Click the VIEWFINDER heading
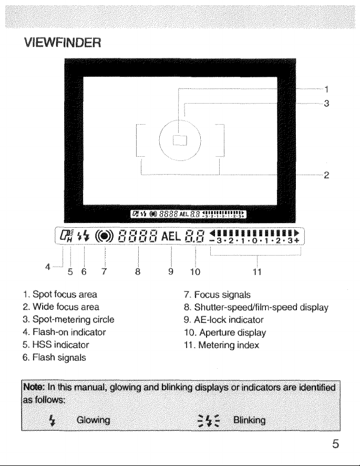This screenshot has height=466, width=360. pos(63,43)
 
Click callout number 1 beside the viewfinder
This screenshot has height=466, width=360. pos(326,89)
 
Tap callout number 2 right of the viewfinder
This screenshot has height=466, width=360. pos(326,175)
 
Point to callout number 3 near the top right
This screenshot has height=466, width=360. pos(326,104)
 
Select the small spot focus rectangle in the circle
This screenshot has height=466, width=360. pos(180,140)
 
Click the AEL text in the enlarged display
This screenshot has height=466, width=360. pos(171,237)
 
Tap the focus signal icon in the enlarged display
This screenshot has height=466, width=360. pos(104,237)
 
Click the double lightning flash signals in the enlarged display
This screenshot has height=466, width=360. pos(83,237)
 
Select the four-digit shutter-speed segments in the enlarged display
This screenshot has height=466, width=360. pos(138,237)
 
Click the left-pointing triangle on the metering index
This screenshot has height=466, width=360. pos(212,232)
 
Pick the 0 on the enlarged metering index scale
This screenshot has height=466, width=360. pos(254,240)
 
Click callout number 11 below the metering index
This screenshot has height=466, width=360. pos(257,272)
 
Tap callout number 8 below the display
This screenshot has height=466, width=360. pos(138,271)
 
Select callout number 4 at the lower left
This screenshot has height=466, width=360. pos(47,267)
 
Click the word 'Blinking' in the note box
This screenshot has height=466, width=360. pos(250,420)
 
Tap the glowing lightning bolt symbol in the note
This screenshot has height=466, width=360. pos(52,420)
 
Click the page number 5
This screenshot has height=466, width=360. pos(335,444)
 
